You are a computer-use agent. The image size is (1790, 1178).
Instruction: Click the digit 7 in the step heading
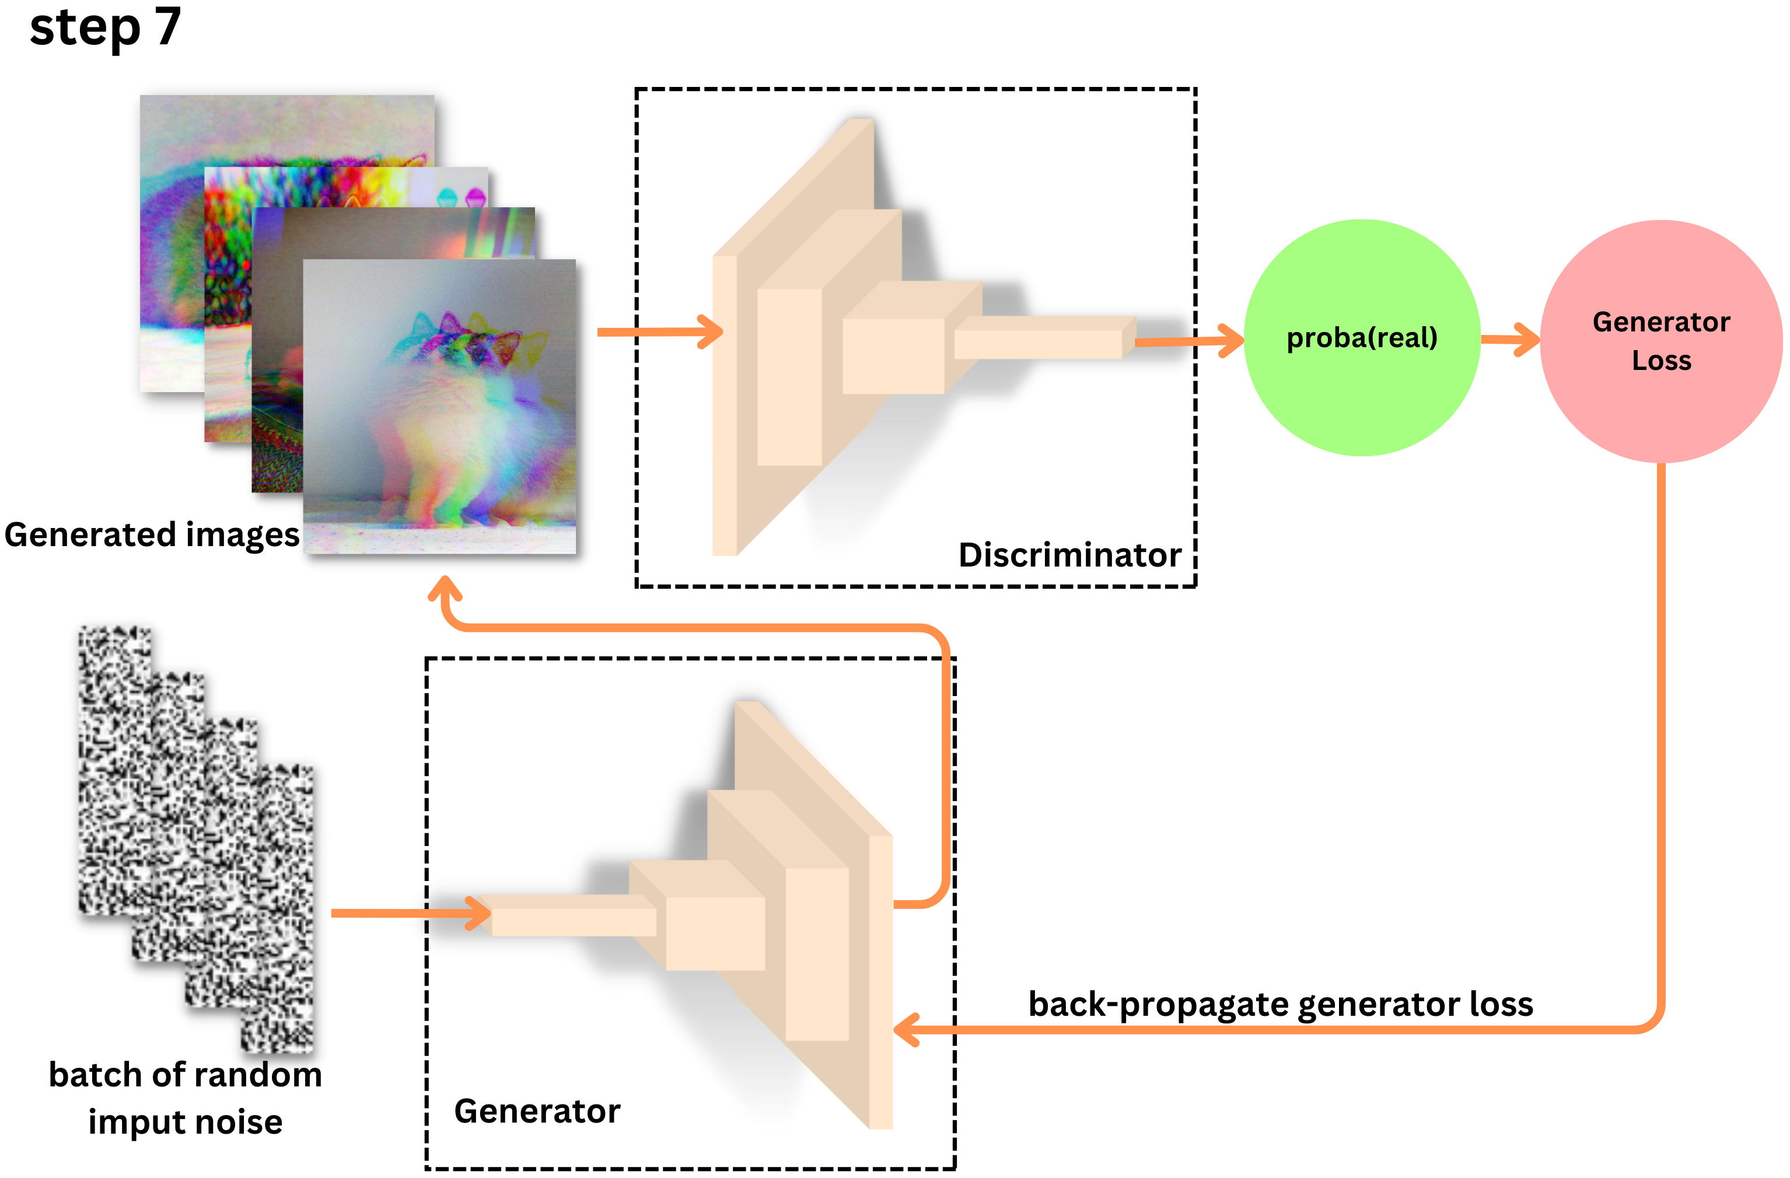(x=167, y=27)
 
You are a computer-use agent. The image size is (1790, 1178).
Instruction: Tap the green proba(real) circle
(x=1361, y=338)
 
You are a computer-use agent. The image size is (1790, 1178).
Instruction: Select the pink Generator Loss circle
(x=1660, y=341)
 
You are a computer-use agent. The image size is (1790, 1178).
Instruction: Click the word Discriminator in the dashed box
(x=1069, y=555)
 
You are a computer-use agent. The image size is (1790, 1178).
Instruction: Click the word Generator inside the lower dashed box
(x=537, y=1111)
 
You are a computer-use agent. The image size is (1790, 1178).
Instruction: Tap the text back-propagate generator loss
(x=1280, y=1004)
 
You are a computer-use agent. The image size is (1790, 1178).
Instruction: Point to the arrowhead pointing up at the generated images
(x=445, y=589)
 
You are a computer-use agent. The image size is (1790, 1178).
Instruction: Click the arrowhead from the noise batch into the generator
(x=479, y=913)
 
